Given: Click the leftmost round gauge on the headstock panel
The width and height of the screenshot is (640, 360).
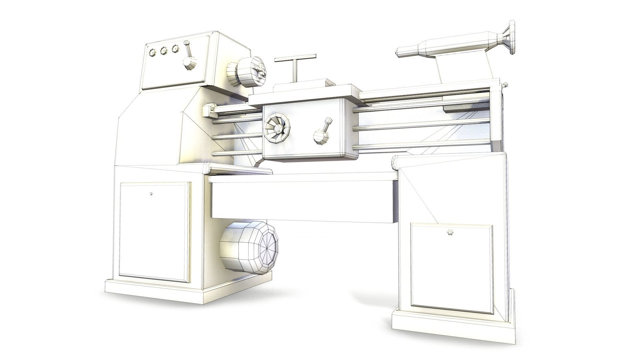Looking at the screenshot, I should pos(153,52).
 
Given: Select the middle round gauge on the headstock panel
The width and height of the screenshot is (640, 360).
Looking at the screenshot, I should pos(164,51).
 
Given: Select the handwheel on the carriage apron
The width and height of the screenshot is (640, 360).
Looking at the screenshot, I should pos(277,128).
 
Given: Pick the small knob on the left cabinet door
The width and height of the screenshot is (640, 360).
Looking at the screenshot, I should pos(152,194).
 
